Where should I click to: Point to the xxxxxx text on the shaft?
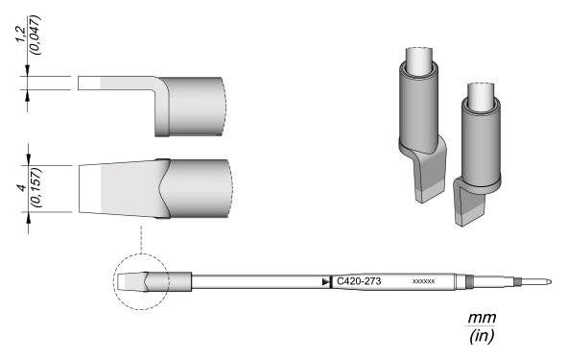(x=423, y=281)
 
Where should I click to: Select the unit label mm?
(x=476, y=318)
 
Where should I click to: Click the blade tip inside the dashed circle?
(x=131, y=282)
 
